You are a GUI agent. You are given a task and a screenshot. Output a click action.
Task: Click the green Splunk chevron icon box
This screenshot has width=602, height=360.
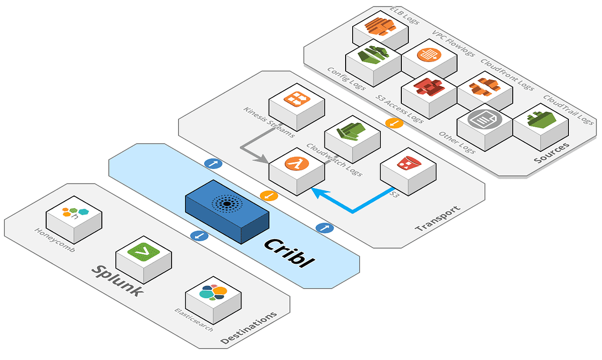click(x=143, y=256)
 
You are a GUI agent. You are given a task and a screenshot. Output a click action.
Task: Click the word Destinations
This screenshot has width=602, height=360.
click(x=249, y=328)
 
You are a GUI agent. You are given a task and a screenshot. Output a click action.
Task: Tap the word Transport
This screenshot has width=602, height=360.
click(x=437, y=219)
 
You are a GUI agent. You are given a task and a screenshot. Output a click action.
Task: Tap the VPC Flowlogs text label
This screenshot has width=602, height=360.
click(x=453, y=43)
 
